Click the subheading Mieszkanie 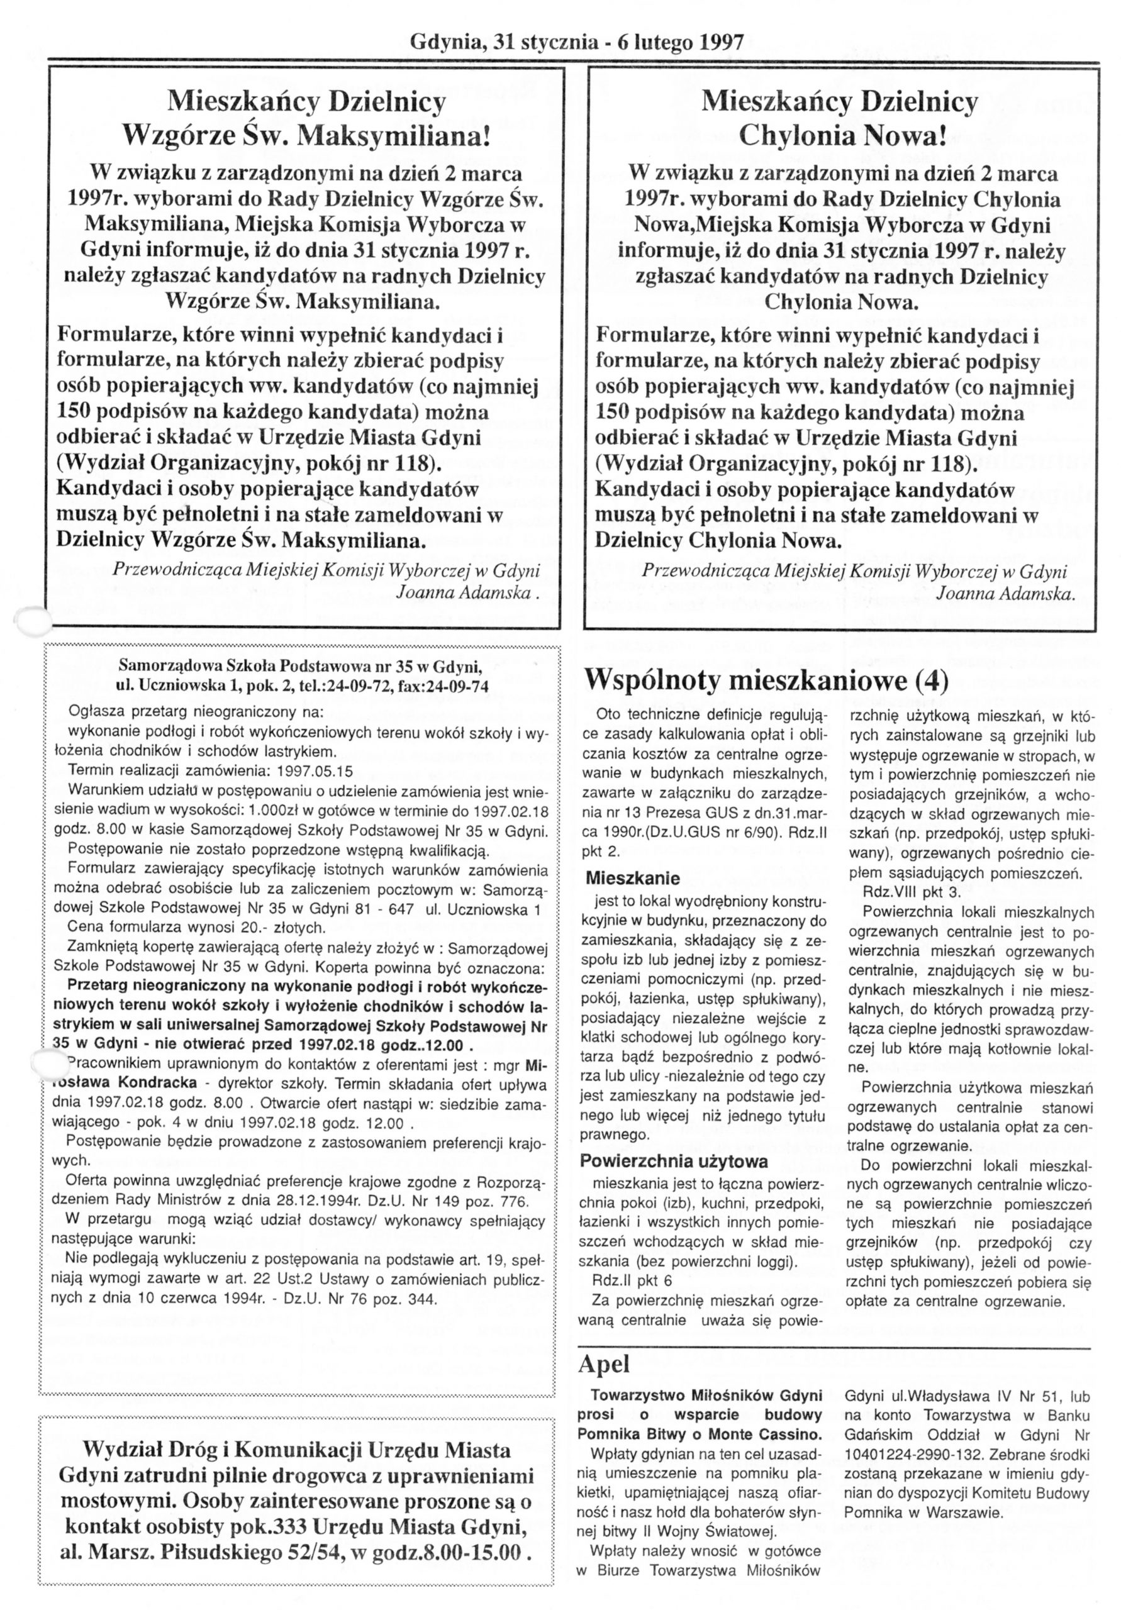coord(633,878)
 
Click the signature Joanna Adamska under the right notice coord(1004,593)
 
